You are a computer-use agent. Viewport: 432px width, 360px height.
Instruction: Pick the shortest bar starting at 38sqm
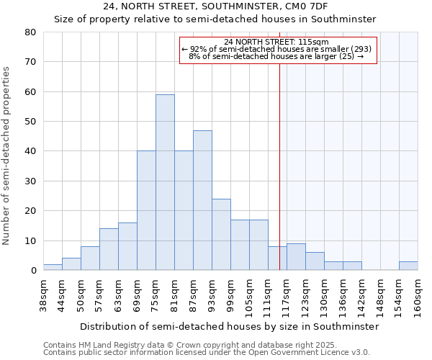(x=53, y=267)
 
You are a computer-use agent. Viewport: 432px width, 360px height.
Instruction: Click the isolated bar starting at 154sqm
(x=408, y=266)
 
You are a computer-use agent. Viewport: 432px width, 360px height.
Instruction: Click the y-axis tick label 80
(x=30, y=32)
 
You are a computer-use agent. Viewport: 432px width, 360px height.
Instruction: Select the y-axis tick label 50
(x=30, y=122)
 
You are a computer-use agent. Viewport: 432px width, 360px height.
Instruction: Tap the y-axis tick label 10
(x=30, y=241)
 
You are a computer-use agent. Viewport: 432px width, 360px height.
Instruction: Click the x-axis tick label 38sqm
(x=44, y=296)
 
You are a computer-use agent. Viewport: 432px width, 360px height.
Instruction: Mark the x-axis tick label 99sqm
(x=231, y=296)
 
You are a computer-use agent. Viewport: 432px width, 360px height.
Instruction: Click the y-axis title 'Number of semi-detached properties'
(x=7, y=155)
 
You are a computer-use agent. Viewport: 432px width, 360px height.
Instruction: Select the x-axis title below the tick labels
(x=229, y=326)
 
